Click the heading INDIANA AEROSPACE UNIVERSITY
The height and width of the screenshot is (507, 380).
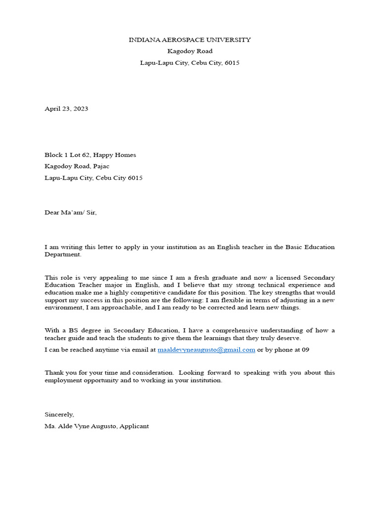pos(190,40)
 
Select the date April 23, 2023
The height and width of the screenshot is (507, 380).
pos(66,108)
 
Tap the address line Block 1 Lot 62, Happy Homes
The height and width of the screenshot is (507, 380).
pos(90,155)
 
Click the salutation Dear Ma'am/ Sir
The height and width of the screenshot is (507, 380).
pos(71,212)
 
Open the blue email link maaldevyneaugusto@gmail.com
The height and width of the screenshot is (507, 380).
pos(206,350)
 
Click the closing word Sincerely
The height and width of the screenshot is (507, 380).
pos(59,414)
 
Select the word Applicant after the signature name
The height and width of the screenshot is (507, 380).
pos(135,426)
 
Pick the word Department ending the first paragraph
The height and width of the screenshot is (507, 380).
pos(62,254)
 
